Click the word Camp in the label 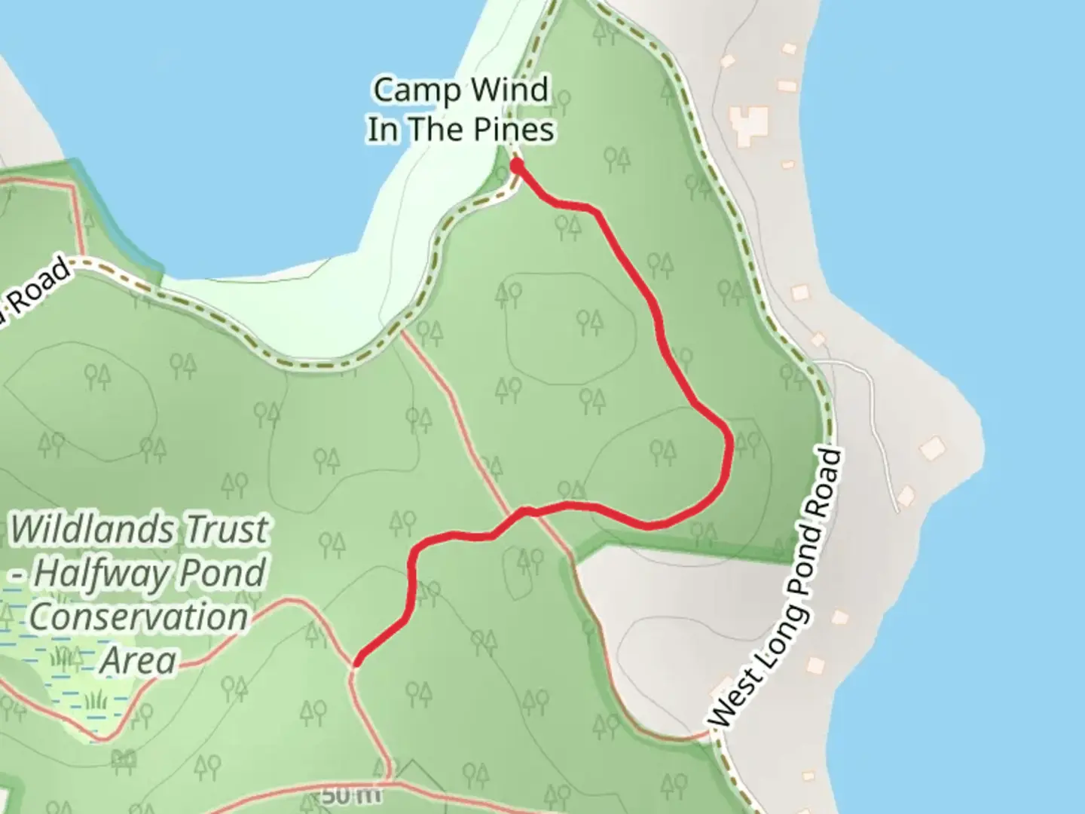(x=408, y=90)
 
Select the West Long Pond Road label (x=777, y=589)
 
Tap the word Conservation (x=139, y=618)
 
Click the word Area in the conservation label (x=138, y=661)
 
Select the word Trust (x=227, y=530)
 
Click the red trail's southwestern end (x=356, y=664)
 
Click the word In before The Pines (x=384, y=130)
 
